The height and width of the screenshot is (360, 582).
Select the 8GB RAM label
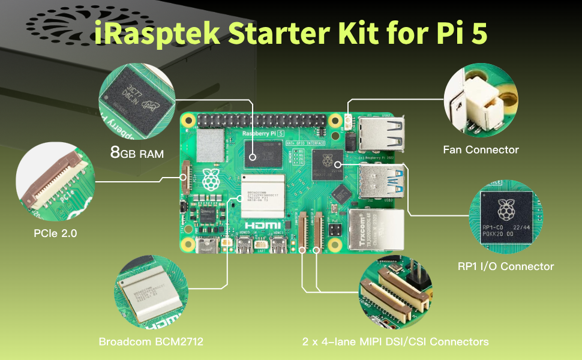[137, 153]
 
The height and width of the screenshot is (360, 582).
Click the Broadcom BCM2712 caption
[151, 341]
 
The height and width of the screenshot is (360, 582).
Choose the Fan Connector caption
[481, 149]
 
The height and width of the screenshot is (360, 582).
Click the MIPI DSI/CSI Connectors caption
[395, 341]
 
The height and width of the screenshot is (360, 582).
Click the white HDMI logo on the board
[263, 224]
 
